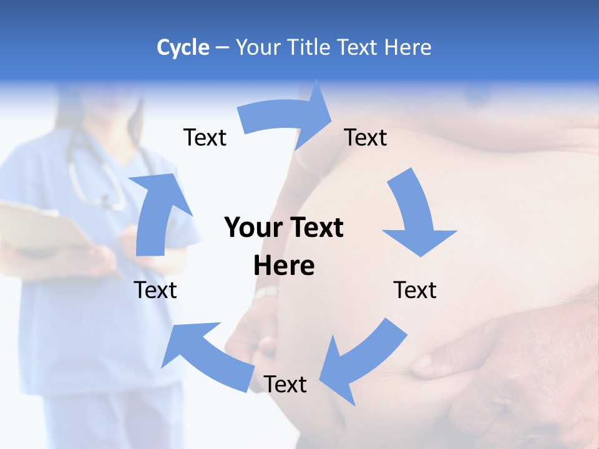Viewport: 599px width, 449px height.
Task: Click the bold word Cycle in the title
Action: click(x=183, y=47)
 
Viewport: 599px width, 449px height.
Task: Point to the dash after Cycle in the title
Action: click(x=222, y=48)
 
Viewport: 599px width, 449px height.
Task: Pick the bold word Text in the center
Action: click(x=315, y=228)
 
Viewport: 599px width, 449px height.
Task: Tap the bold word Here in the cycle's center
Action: click(x=284, y=266)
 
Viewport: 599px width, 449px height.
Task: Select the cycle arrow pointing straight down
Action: click(x=415, y=215)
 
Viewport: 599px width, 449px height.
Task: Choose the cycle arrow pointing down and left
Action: click(x=362, y=359)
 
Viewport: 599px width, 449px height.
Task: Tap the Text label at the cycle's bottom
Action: click(x=285, y=384)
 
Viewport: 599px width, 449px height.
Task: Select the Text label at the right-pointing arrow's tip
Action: click(x=366, y=137)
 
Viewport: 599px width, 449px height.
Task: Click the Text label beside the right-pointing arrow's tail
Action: click(x=205, y=137)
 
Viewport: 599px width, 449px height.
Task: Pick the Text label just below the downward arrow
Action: click(x=415, y=290)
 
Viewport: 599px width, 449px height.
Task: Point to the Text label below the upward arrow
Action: click(x=155, y=290)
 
